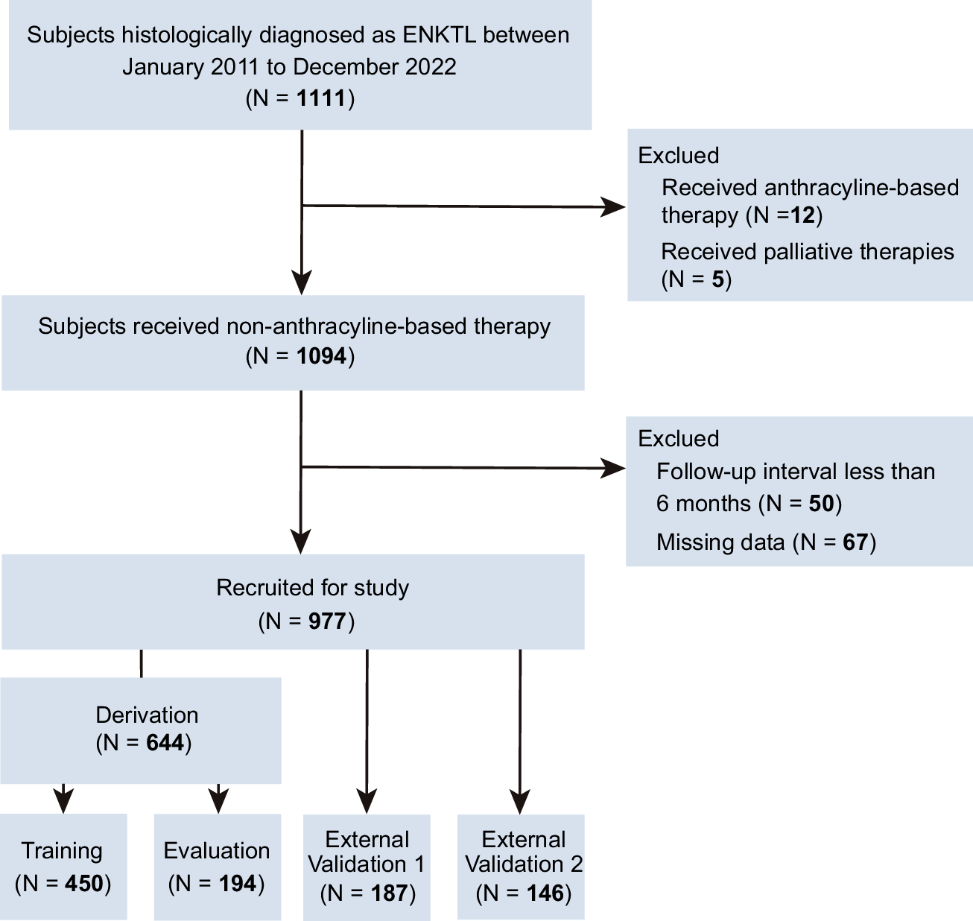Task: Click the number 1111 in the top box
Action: coord(321,98)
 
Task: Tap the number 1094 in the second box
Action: coord(321,356)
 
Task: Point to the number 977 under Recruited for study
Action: coord(327,621)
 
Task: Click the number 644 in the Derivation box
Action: coord(165,743)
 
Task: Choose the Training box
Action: coord(63,866)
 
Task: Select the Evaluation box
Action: coord(217,866)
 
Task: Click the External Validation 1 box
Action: coord(367,866)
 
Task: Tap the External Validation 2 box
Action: coord(521,866)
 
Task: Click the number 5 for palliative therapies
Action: coord(717,279)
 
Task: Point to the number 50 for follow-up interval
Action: coord(821,504)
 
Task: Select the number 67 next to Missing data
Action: coord(855,542)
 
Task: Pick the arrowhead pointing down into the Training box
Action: coord(64,800)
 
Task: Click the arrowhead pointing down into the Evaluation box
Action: coord(218,800)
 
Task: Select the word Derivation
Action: coord(147,715)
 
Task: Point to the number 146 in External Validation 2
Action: coord(545,893)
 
